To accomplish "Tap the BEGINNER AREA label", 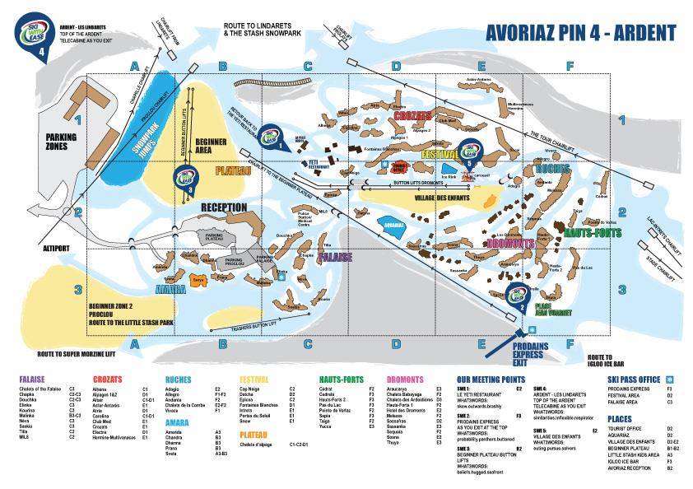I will click(212, 146).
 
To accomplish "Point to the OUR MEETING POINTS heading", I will click(490, 380).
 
